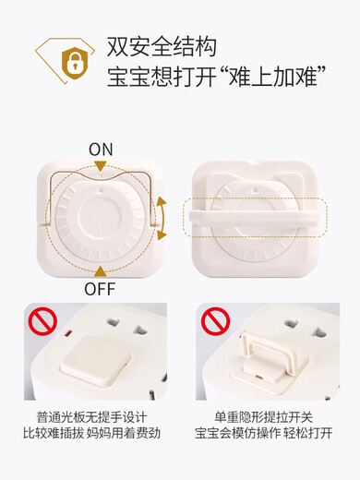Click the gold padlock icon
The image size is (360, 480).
click(x=70, y=61)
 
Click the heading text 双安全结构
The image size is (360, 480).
click(x=162, y=46)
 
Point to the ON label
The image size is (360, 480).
click(x=102, y=149)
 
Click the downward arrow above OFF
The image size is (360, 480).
click(x=101, y=269)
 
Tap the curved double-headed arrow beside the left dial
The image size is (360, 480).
click(x=162, y=218)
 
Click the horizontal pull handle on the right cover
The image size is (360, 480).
click(x=254, y=217)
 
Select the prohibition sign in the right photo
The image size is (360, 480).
click(x=215, y=321)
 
